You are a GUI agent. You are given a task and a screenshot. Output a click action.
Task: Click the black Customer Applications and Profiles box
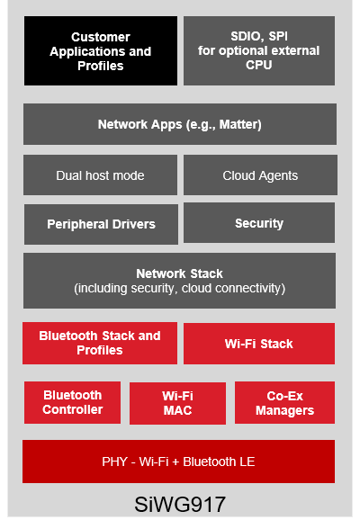click(x=101, y=51)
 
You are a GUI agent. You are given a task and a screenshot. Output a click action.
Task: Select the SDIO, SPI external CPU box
click(x=259, y=51)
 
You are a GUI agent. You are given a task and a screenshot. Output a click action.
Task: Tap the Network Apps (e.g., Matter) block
click(x=180, y=124)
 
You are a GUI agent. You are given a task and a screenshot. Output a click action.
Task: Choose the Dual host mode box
click(x=100, y=175)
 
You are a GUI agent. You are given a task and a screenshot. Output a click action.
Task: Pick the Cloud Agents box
click(x=259, y=175)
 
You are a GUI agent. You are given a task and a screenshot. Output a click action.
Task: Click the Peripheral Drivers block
click(x=100, y=224)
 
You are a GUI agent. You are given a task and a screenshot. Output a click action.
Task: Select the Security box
click(x=259, y=222)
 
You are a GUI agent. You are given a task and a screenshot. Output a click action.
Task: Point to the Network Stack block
click(x=180, y=281)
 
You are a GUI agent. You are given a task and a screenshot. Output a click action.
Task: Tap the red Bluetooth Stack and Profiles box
click(x=100, y=343)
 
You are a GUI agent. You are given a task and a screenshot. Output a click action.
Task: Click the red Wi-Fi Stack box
click(x=259, y=344)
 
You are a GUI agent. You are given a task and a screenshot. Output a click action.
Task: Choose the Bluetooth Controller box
click(x=73, y=402)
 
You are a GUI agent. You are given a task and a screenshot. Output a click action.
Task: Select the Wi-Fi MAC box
click(x=177, y=403)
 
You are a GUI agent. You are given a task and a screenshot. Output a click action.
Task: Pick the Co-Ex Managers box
click(x=284, y=403)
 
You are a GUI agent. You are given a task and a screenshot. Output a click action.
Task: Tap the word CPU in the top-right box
click(x=259, y=65)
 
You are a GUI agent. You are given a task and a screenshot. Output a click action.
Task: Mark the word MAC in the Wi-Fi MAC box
click(x=177, y=410)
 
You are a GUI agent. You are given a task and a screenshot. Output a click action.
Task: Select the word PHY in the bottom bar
click(x=115, y=462)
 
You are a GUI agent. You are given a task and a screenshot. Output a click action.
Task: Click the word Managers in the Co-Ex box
click(x=284, y=410)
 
